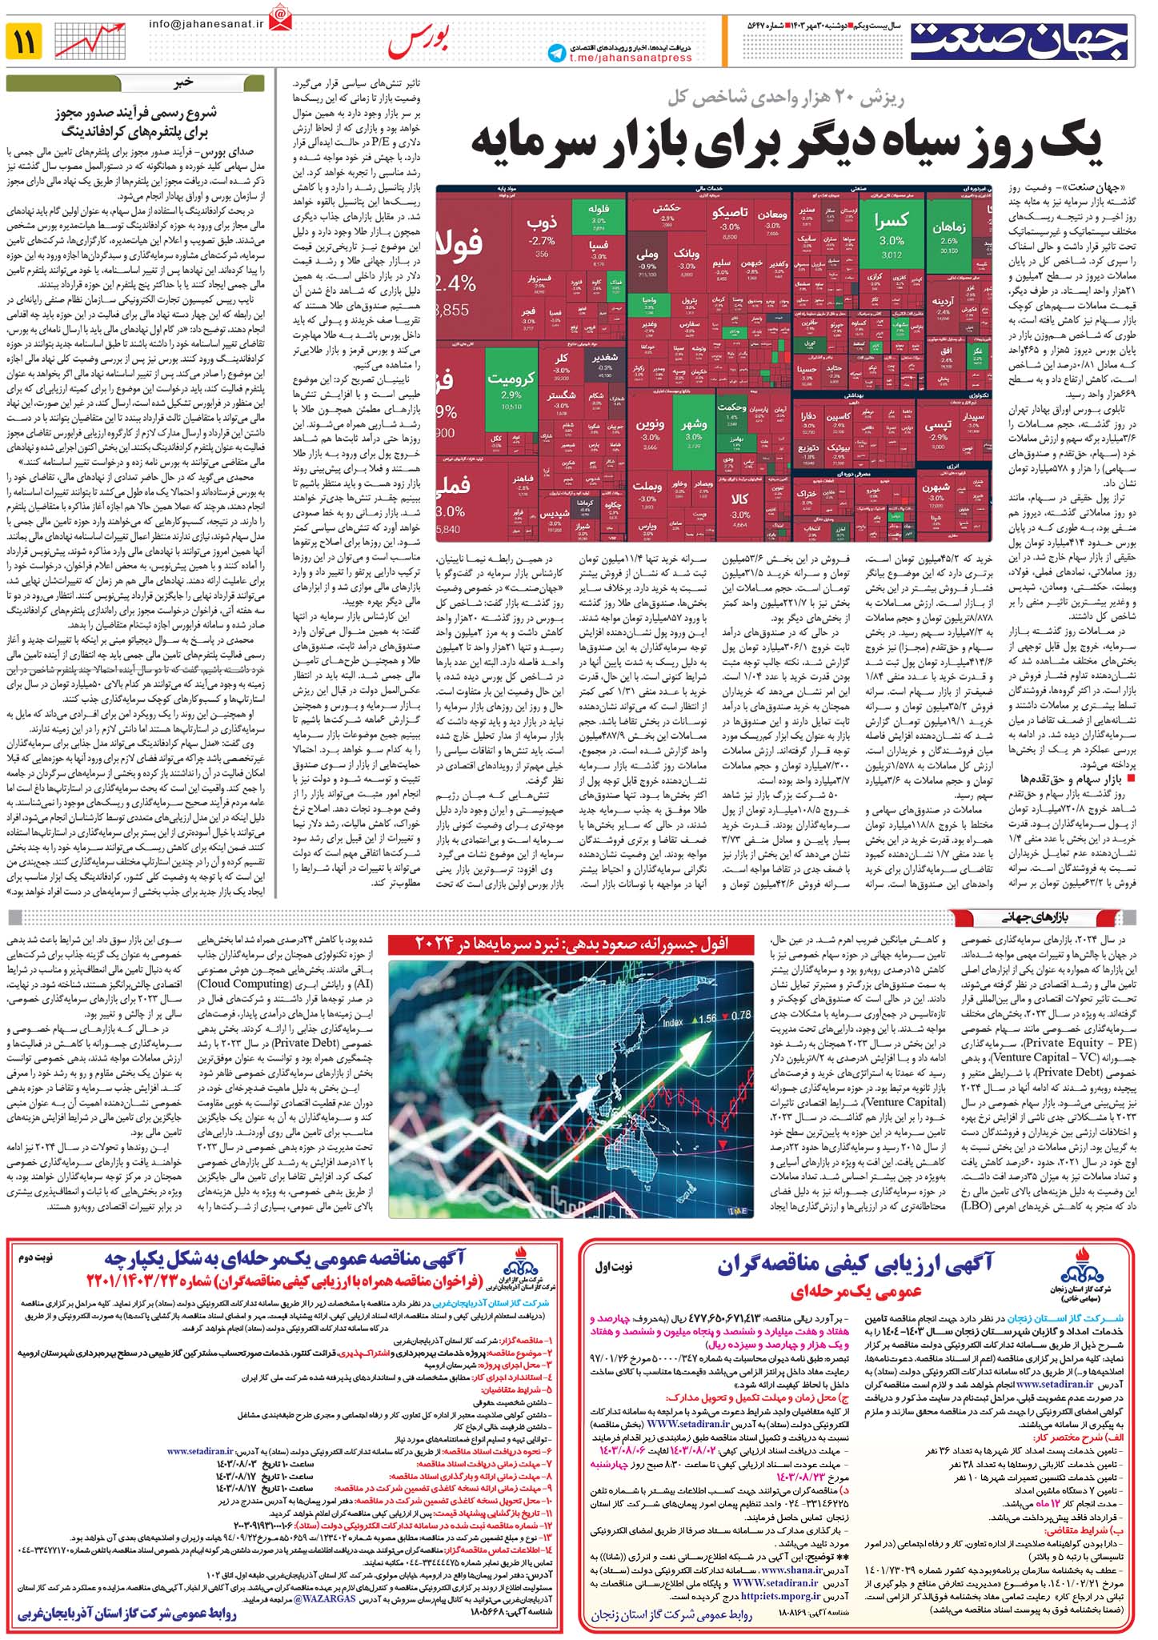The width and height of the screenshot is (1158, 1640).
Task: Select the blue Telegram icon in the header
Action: [556, 52]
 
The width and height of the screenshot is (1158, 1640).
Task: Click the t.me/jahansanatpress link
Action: [632, 58]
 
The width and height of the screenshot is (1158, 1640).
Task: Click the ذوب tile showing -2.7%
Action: [542, 233]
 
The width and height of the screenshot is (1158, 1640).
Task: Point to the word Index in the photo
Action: [673, 1022]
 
